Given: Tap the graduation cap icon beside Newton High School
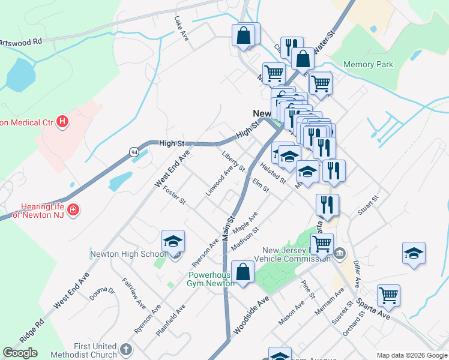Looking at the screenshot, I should tap(173, 242).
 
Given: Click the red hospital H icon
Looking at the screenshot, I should tap(62, 124).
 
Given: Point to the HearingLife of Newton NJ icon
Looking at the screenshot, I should tap(73, 211).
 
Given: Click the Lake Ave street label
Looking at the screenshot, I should tap(181, 28).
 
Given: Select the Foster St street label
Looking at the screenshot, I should tap(174, 194).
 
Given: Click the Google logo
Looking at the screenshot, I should tap(20, 353).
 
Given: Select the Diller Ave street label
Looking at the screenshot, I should tap(357, 274).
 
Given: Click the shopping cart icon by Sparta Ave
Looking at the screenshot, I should tap(388, 296).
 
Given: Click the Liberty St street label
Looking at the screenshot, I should tap(234, 161).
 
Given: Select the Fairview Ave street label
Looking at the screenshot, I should tap(134, 292).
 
